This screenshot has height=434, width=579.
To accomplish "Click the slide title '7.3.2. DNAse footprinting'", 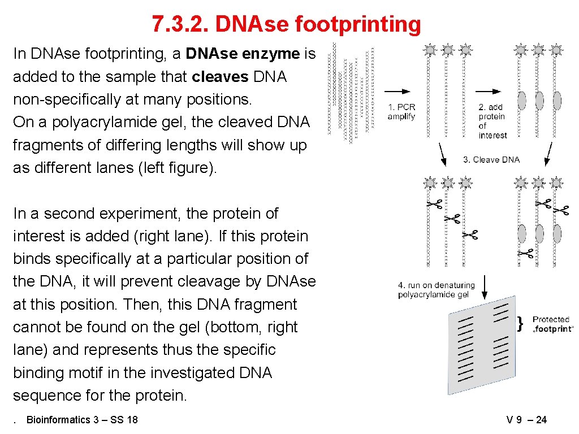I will pos(286,24).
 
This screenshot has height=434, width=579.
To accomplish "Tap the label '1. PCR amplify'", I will pos(401,112).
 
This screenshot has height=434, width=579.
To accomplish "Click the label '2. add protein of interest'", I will pos(492,121).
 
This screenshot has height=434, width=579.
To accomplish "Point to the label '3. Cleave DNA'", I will pos(491,160).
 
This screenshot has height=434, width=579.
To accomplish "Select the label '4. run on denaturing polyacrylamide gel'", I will pos(436,290).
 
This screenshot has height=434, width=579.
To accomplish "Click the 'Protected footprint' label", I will pos(552,324).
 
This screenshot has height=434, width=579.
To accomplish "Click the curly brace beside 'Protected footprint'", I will pos(521,323).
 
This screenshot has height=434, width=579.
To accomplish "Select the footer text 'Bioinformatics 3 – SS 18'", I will pos(82,420).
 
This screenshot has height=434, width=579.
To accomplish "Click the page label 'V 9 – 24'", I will pos(526,420).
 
